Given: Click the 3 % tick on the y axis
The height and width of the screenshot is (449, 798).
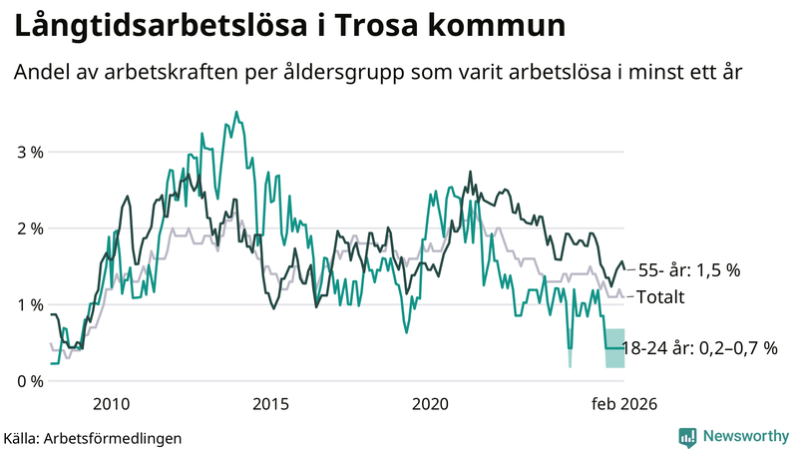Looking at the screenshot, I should point(29,153).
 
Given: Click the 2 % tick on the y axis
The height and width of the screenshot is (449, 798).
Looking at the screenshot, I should point(29,228).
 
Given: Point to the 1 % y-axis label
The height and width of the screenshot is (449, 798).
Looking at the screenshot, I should point(29,305).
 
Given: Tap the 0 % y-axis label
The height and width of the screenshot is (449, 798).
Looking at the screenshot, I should point(29,381).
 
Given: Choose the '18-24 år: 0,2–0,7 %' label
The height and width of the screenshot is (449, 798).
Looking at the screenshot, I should point(699,348).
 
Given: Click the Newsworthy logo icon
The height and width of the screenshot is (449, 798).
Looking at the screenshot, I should point(687,436).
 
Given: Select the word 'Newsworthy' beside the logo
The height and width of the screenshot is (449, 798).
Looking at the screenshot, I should point(743,436).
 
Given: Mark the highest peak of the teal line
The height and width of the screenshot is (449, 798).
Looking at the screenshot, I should point(235,112).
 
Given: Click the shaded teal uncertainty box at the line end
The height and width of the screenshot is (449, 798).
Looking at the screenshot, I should point(614,348).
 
